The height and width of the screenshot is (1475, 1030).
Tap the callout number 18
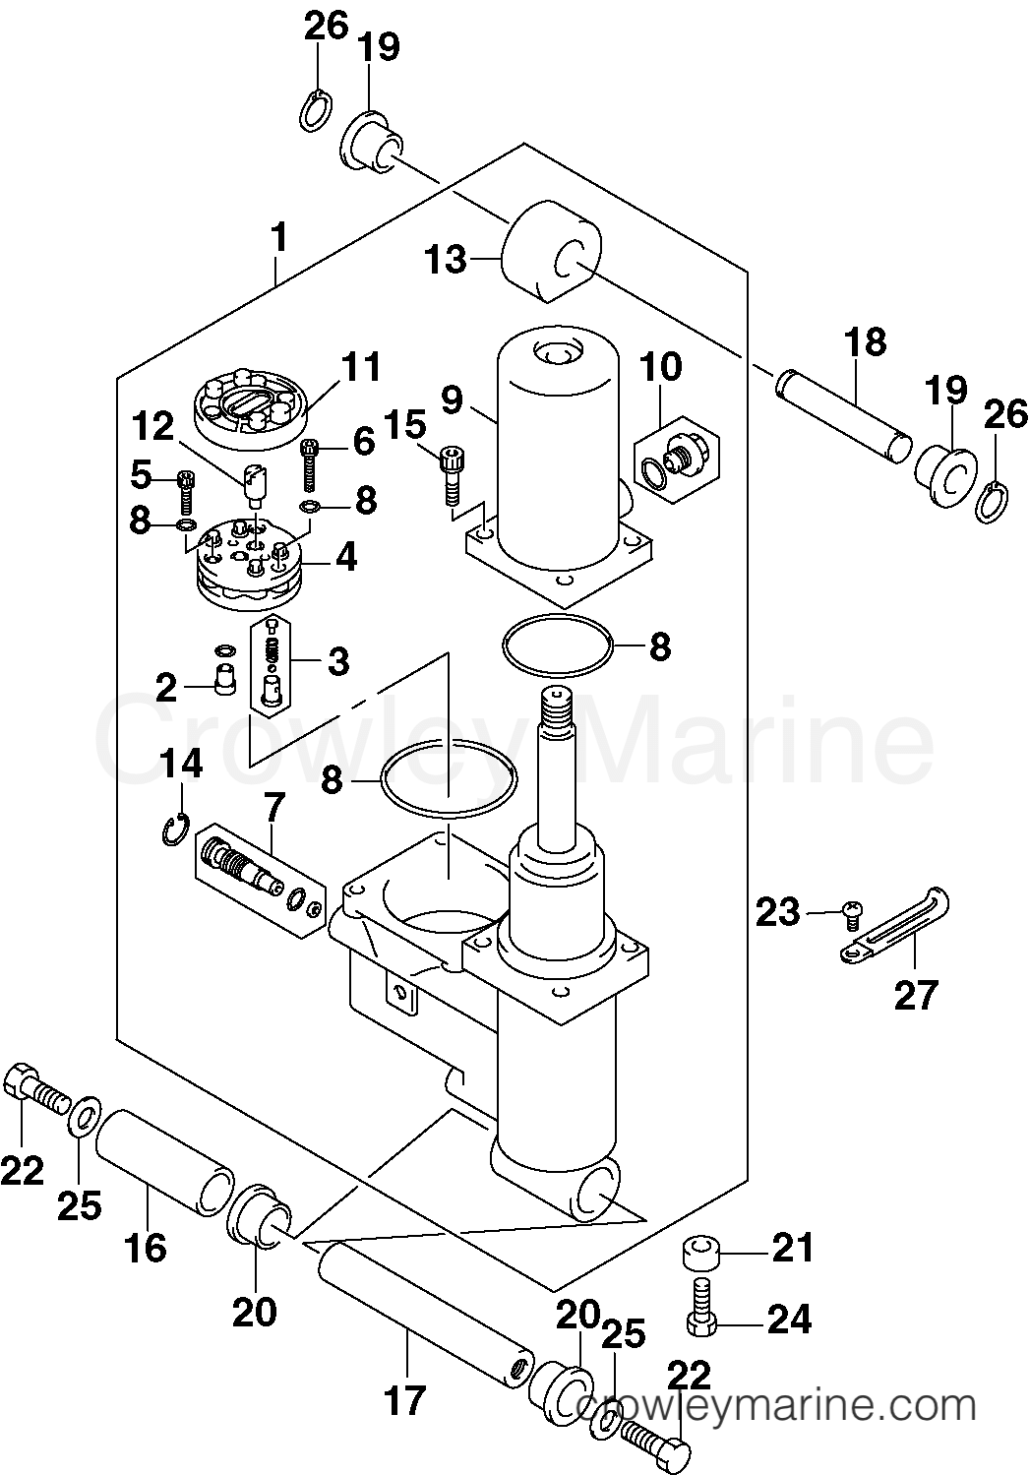(x=866, y=342)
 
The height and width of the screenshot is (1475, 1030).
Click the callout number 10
(x=660, y=367)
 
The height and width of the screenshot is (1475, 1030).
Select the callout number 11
(x=360, y=367)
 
